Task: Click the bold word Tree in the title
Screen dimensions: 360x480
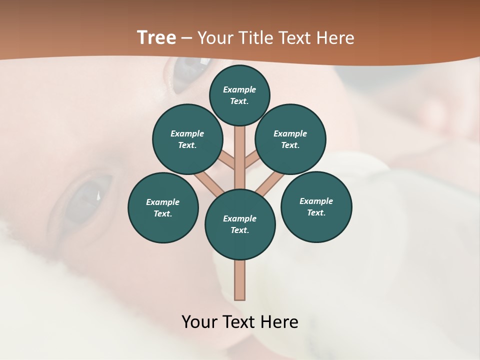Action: tap(156, 37)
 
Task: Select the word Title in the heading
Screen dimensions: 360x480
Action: tap(253, 38)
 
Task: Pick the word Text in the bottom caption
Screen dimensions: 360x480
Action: tap(240, 321)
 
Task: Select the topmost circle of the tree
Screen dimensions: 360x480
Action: tap(239, 95)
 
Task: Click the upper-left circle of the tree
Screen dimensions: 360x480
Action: tap(187, 139)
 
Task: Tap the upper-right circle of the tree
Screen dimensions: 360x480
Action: tap(290, 139)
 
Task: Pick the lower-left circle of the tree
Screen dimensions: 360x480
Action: tap(163, 207)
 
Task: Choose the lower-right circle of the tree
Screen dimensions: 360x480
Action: tap(316, 206)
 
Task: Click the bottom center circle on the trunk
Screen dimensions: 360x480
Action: tap(240, 224)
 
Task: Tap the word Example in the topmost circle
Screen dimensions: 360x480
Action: tap(239, 89)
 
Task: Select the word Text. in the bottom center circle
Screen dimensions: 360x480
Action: tap(240, 230)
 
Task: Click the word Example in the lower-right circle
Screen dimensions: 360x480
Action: tap(316, 201)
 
